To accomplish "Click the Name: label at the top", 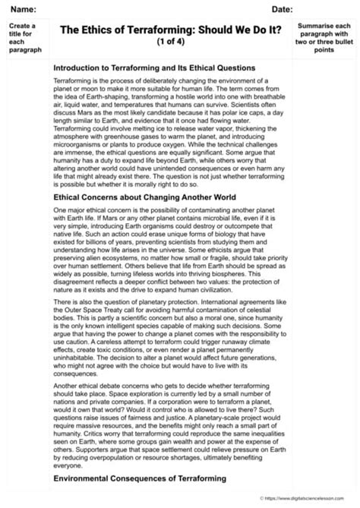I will (x=23, y=8).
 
